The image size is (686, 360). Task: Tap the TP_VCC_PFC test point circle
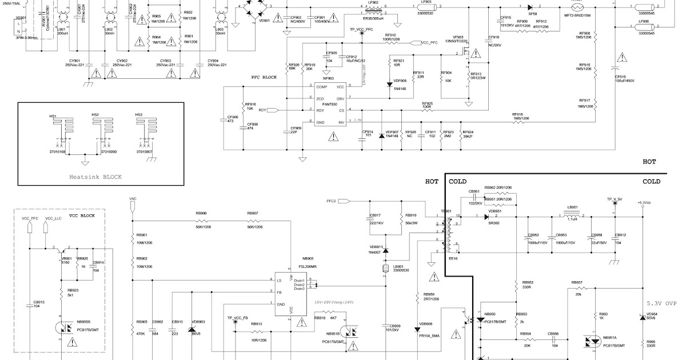click(361, 34)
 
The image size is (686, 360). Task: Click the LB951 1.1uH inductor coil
click(572, 216)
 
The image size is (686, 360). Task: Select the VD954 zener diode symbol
click(642, 317)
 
